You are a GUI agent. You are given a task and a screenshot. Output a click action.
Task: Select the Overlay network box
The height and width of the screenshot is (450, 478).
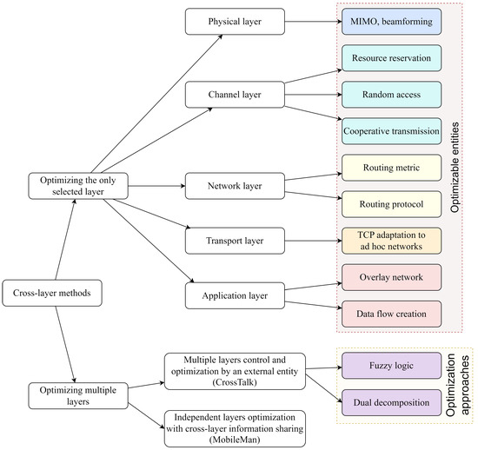click(390, 278)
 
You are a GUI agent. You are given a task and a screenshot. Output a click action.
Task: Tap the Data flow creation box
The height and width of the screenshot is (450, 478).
click(390, 312)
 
